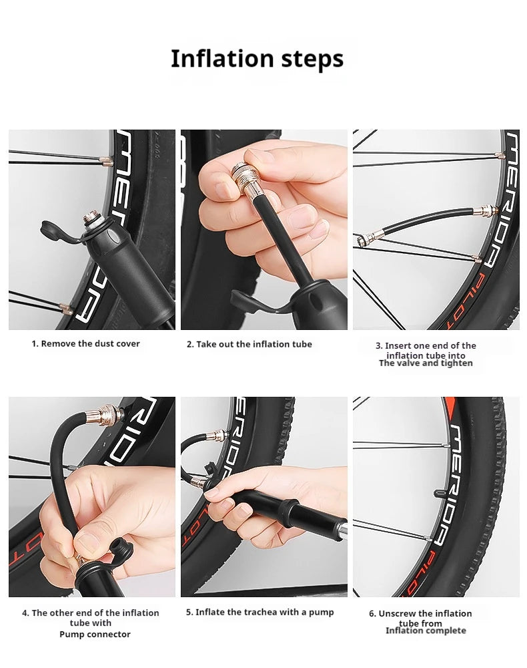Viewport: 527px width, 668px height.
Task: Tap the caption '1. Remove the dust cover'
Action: coord(86,343)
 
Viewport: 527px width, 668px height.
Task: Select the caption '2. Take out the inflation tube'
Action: coord(249,344)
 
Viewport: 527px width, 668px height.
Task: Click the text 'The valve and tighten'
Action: coord(426,363)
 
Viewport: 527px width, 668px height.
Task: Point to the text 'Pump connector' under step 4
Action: coord(95,634)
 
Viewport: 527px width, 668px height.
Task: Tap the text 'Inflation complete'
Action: coord(426,631)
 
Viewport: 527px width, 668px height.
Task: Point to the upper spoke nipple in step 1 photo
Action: coord(104,160)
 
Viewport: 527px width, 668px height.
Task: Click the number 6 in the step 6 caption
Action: coord(372,613)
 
